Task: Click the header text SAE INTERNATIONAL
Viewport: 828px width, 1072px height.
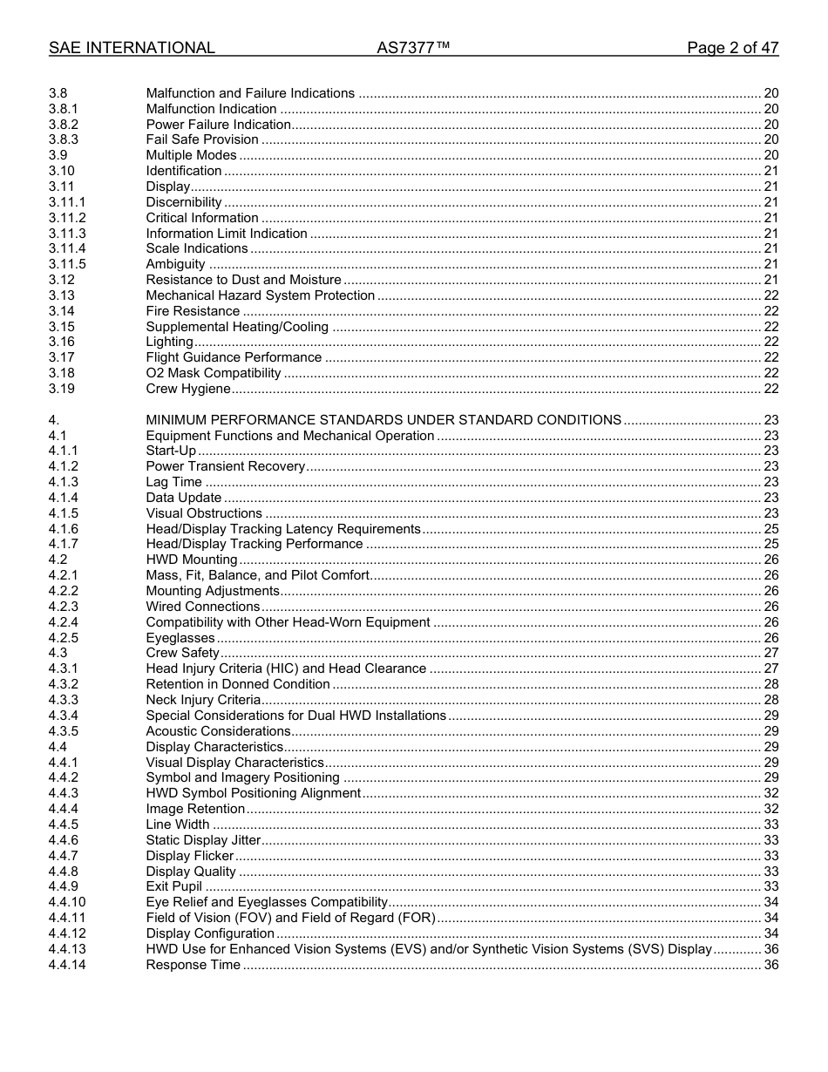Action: pyautogui.click(x=132, y=48)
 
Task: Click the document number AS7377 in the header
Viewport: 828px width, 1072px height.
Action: pyautogui.click(x=413, y=48)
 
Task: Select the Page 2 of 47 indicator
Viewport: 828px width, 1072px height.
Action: pyautogui.click(x=732, y=48)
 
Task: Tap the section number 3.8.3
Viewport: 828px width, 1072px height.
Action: pyautogui.click(x=64, y=139)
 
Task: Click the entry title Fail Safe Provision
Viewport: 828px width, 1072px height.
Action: pyautogui.click(x=202, y=139)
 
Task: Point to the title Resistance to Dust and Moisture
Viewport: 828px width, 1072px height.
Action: pyautogui.click(x=243, y=280)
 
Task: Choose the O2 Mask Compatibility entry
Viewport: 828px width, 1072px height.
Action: pyautogui.click(x=214, y=373)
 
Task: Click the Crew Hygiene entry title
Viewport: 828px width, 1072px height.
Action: pyautogui.click(x=188, y=389)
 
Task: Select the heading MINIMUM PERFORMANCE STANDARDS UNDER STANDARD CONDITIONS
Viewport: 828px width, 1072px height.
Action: pyautogui.click(x=383, y=420)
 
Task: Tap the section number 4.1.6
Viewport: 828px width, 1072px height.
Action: pyautogui.click(x=64, y=529)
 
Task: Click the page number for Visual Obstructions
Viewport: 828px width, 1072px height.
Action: pyautogui.click(x=770, y=513)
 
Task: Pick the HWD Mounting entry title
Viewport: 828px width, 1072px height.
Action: pyautogui.click(x=192, y=560)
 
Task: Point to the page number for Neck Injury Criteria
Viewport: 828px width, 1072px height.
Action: pyautogui.click(x=770, y=700)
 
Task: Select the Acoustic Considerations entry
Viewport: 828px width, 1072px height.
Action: pyautogui.click(x=218, y=731)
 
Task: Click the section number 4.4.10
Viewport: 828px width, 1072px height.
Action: pyautogui.click(x=67, y=902)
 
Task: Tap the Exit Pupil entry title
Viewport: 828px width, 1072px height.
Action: pyautogui.click(x=173, y=886)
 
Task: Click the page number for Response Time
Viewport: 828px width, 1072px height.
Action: pyautogui.click(x=770, y=965)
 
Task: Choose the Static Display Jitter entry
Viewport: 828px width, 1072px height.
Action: pyautogui.click(x=203, y=840)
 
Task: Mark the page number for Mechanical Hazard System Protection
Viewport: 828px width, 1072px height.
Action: pyautogui.click(x=770, y=295)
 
